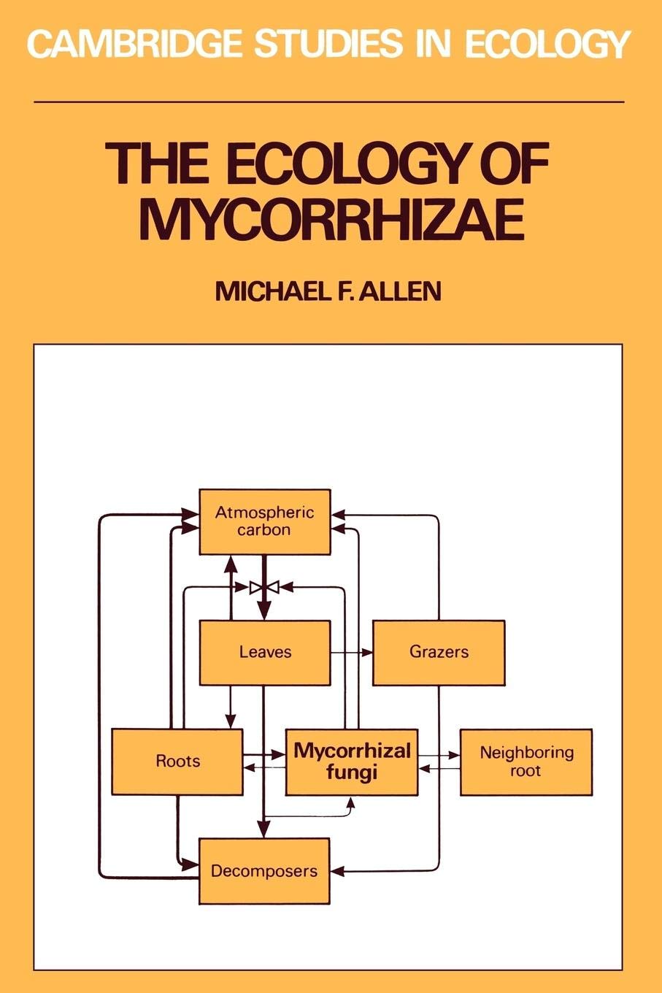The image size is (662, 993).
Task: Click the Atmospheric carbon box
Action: [265, 521]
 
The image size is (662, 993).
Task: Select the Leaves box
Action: [265, 652]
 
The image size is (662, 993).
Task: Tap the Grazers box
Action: [439, 652]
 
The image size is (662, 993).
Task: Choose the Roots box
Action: [177, 762]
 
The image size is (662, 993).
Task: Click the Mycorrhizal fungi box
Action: [352, 762]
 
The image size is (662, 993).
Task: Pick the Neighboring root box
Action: [526, 762]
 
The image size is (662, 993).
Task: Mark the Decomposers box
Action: [264, 871]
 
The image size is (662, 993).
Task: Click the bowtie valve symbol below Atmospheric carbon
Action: [264, 586]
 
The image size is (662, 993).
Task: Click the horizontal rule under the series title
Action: [329, 102]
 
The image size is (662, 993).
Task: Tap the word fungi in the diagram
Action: [352, 772]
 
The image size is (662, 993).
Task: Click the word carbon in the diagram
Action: [264, 530]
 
